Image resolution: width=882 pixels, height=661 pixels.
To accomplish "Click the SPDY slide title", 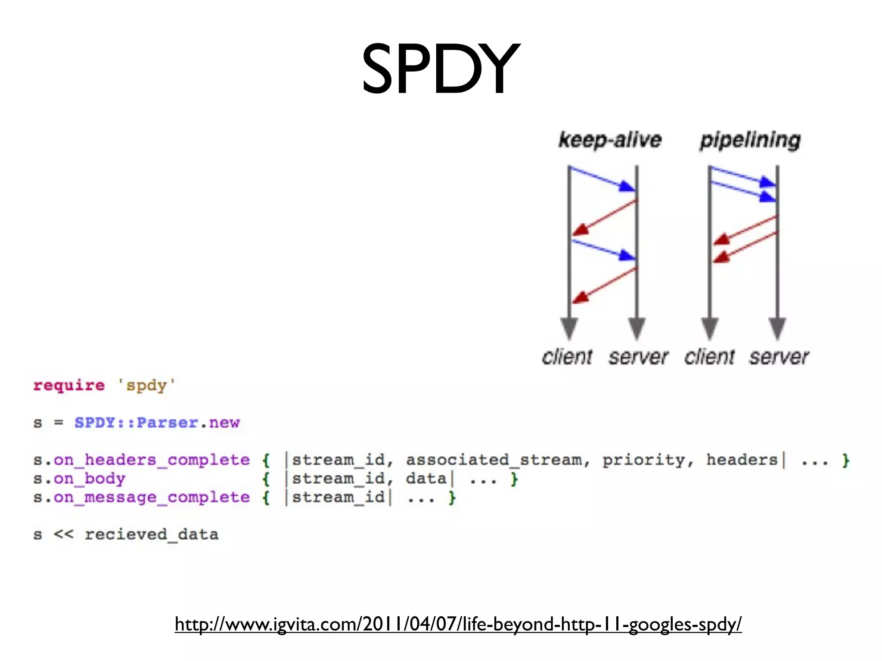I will coord(441,69).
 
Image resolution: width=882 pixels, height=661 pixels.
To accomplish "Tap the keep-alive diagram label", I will coord(610,140).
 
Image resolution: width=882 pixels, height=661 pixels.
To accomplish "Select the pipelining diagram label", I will coord(750,140).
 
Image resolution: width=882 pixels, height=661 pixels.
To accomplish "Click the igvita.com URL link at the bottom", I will coord(458,624).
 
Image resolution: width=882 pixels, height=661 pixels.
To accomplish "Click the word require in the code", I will coord(69,385).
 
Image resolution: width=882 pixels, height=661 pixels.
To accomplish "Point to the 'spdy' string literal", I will coord(146,385).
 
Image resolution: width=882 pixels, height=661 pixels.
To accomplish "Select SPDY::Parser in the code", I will coord(136,423).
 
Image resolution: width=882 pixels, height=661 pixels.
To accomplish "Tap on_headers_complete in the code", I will coord(152,460).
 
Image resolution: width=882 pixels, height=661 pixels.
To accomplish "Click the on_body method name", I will coord(90,479).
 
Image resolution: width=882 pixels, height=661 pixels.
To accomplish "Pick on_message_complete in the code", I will coord(152,497).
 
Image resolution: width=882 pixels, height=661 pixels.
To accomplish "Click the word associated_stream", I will coord(494,460).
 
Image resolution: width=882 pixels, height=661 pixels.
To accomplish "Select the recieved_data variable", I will coord(152,534).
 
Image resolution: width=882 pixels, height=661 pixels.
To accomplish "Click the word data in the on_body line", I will coord(426,479).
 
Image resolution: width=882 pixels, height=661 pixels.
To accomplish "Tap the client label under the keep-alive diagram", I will coord(567,357).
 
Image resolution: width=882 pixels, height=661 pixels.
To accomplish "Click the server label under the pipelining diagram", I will coord(779,357).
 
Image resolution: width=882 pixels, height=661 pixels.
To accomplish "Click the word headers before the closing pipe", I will coord(742,460).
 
